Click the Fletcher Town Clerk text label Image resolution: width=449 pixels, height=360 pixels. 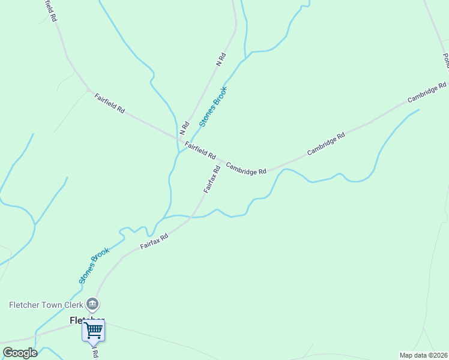tap(44, 305)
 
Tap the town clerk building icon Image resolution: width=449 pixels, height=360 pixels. tap(92, 304)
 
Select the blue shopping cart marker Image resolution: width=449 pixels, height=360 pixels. tap(93, 330)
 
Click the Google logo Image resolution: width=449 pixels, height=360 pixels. tap(20, 353)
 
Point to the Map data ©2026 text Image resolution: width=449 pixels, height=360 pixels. tap(424, 355)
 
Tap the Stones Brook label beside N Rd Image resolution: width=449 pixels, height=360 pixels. tap(213, 107)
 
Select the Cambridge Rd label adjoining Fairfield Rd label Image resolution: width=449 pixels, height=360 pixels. tap(246, 167)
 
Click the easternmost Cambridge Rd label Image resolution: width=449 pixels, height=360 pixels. tap(427, 92)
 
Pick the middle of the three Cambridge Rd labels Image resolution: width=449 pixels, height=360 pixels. tap(326, 144)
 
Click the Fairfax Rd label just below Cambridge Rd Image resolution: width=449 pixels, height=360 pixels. tap(212, 179)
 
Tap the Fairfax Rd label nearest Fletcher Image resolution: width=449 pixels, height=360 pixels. tap(154, 241)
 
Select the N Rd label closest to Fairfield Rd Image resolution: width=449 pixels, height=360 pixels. tap(184, 128)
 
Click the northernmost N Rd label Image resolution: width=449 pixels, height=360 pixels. tap(220, 59)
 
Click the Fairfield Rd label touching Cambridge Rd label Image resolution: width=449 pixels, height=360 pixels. tap(200, 150)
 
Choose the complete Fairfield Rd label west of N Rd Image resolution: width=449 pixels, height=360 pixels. tap(109, 103)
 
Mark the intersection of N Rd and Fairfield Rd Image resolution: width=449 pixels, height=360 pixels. tap(178, 139)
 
